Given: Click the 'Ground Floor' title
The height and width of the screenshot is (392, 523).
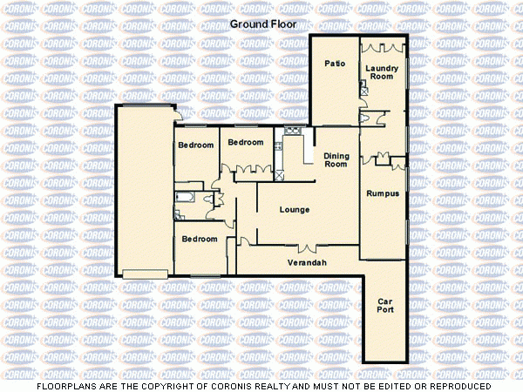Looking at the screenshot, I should pyautogui.click(x=263, y=24).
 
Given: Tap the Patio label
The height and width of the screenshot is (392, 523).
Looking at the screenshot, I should pyautogui.click(x=335, y=64).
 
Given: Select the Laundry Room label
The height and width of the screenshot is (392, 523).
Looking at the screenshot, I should pyautogui.click(x=381, y=72).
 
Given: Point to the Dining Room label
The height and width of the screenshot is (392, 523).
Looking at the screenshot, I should pyautogui.click(x=336, y=159).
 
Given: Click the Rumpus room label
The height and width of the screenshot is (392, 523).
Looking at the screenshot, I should pyautogui.click(x=382, y=193).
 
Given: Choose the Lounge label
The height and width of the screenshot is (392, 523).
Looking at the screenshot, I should pyautogui.click(x=295, y=210).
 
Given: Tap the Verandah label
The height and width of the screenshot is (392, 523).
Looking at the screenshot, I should pyautogui.click(x=307, y=262).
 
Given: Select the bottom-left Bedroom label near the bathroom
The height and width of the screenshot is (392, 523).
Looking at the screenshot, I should pyautogui.click(x=200, y=239).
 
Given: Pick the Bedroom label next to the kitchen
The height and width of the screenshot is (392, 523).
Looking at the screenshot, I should pyautogui.click(x=246, y=142).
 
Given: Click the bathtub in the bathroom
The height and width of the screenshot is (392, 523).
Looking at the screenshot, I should pyautogui.click(x=185, y=199).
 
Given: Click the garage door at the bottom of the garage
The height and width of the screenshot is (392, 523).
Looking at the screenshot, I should pyautogui.click(x=145, y=274).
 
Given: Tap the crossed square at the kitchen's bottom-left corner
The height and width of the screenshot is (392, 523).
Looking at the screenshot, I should pyautogui.click(x=279, y=173).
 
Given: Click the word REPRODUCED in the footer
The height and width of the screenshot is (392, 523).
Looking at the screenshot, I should pyautogui.click(x=458, y=385).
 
